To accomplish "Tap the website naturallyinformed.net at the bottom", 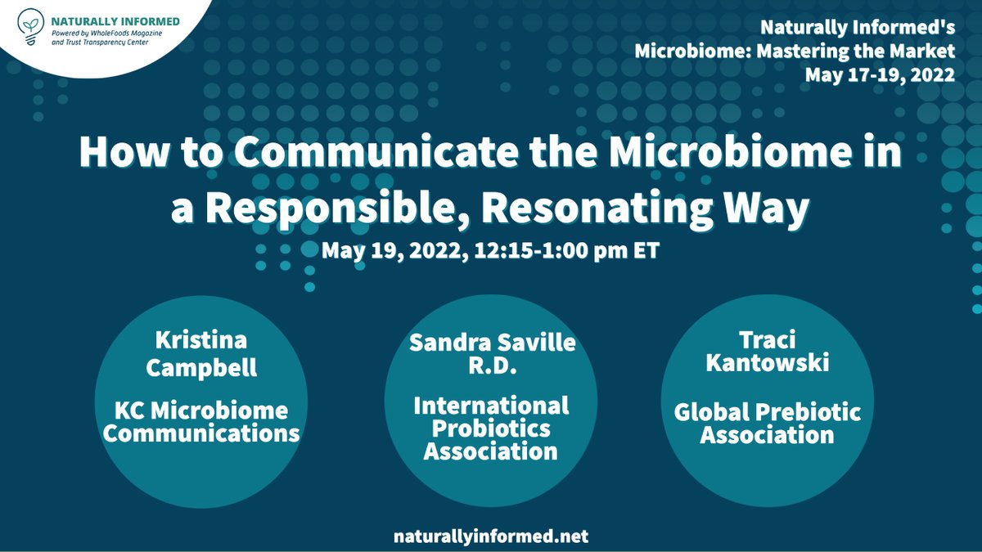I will pos(490,536).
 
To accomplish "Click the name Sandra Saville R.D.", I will pos(491,352).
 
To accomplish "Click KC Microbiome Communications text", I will pos(201,420).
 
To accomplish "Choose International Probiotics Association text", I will pos(491,428).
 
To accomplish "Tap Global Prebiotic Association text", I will pos(768,424).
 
